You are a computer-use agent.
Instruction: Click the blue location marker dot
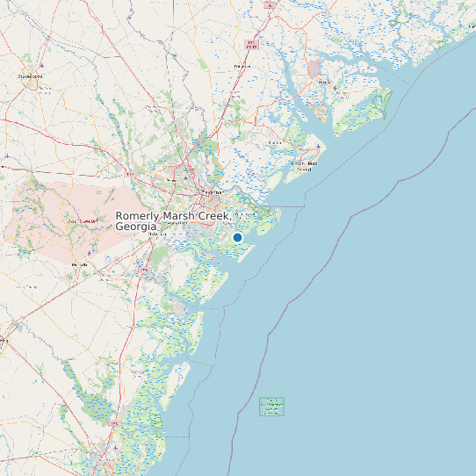pyautogui.click(x=237, y=237)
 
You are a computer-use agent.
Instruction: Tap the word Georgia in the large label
pyautogui.click(x=134, y=227)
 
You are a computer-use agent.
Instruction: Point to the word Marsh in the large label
pyautogui.click(x=186, y=216)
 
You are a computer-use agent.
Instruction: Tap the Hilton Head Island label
pyautogui.click(x=304, y=166)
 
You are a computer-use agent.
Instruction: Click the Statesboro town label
pyautogui.click(x=31, y=76)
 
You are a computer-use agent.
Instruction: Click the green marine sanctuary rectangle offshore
pyautogui.click(x=272, y=406)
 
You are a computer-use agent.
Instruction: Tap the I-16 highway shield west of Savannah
pyautogui.click(x=129, y=175)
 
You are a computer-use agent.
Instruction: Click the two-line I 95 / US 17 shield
pyautogui.click(x=253, y=43)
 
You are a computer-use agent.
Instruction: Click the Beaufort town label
pyautogui.click(x=325, y=83)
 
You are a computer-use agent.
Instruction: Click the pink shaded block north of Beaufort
pyautogui.click(x=314, y=69)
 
